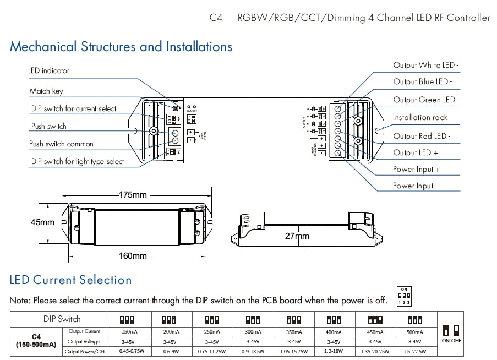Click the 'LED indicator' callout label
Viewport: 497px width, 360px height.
49,71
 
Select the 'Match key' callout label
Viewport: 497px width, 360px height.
46,91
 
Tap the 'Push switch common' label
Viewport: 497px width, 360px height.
61,144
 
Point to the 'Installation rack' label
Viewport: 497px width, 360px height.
420,117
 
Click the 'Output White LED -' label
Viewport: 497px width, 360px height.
425,65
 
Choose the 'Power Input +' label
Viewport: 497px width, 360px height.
416,169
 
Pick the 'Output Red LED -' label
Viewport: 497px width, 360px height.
421,136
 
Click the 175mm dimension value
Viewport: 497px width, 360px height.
133,195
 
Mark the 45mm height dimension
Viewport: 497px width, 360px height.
42,222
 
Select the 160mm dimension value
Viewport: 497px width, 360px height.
133,256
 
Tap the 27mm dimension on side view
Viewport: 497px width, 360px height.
297,236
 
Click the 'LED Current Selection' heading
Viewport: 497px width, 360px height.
71,280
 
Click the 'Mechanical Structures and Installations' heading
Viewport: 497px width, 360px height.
121,47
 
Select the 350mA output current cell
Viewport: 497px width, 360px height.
294,332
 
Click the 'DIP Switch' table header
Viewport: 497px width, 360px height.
62,319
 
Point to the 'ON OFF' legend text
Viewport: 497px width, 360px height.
452,341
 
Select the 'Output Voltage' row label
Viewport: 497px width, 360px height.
84,342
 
